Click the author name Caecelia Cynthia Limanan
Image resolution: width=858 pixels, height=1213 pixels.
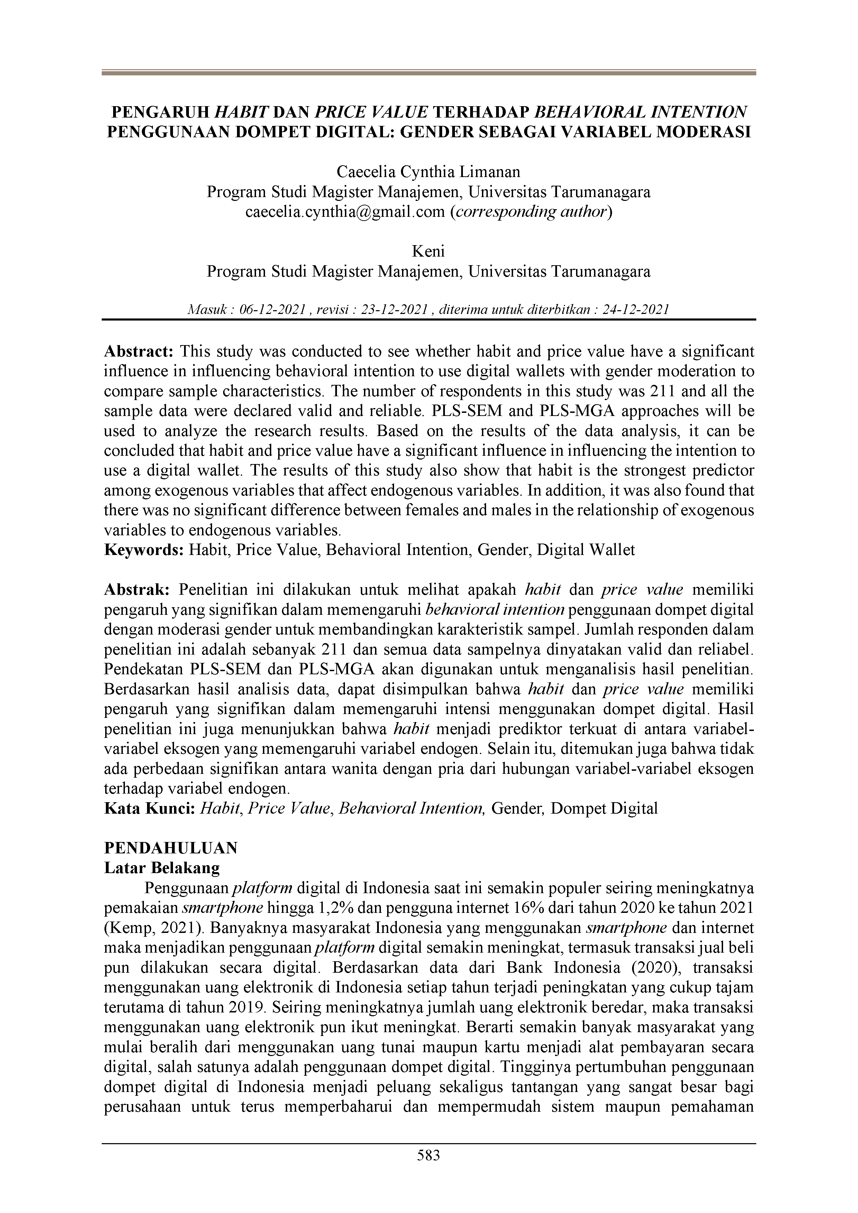click(429, 172)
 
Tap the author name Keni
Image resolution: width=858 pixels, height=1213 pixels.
click(429, 251)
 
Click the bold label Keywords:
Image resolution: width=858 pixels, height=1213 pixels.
click(144, 550)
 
